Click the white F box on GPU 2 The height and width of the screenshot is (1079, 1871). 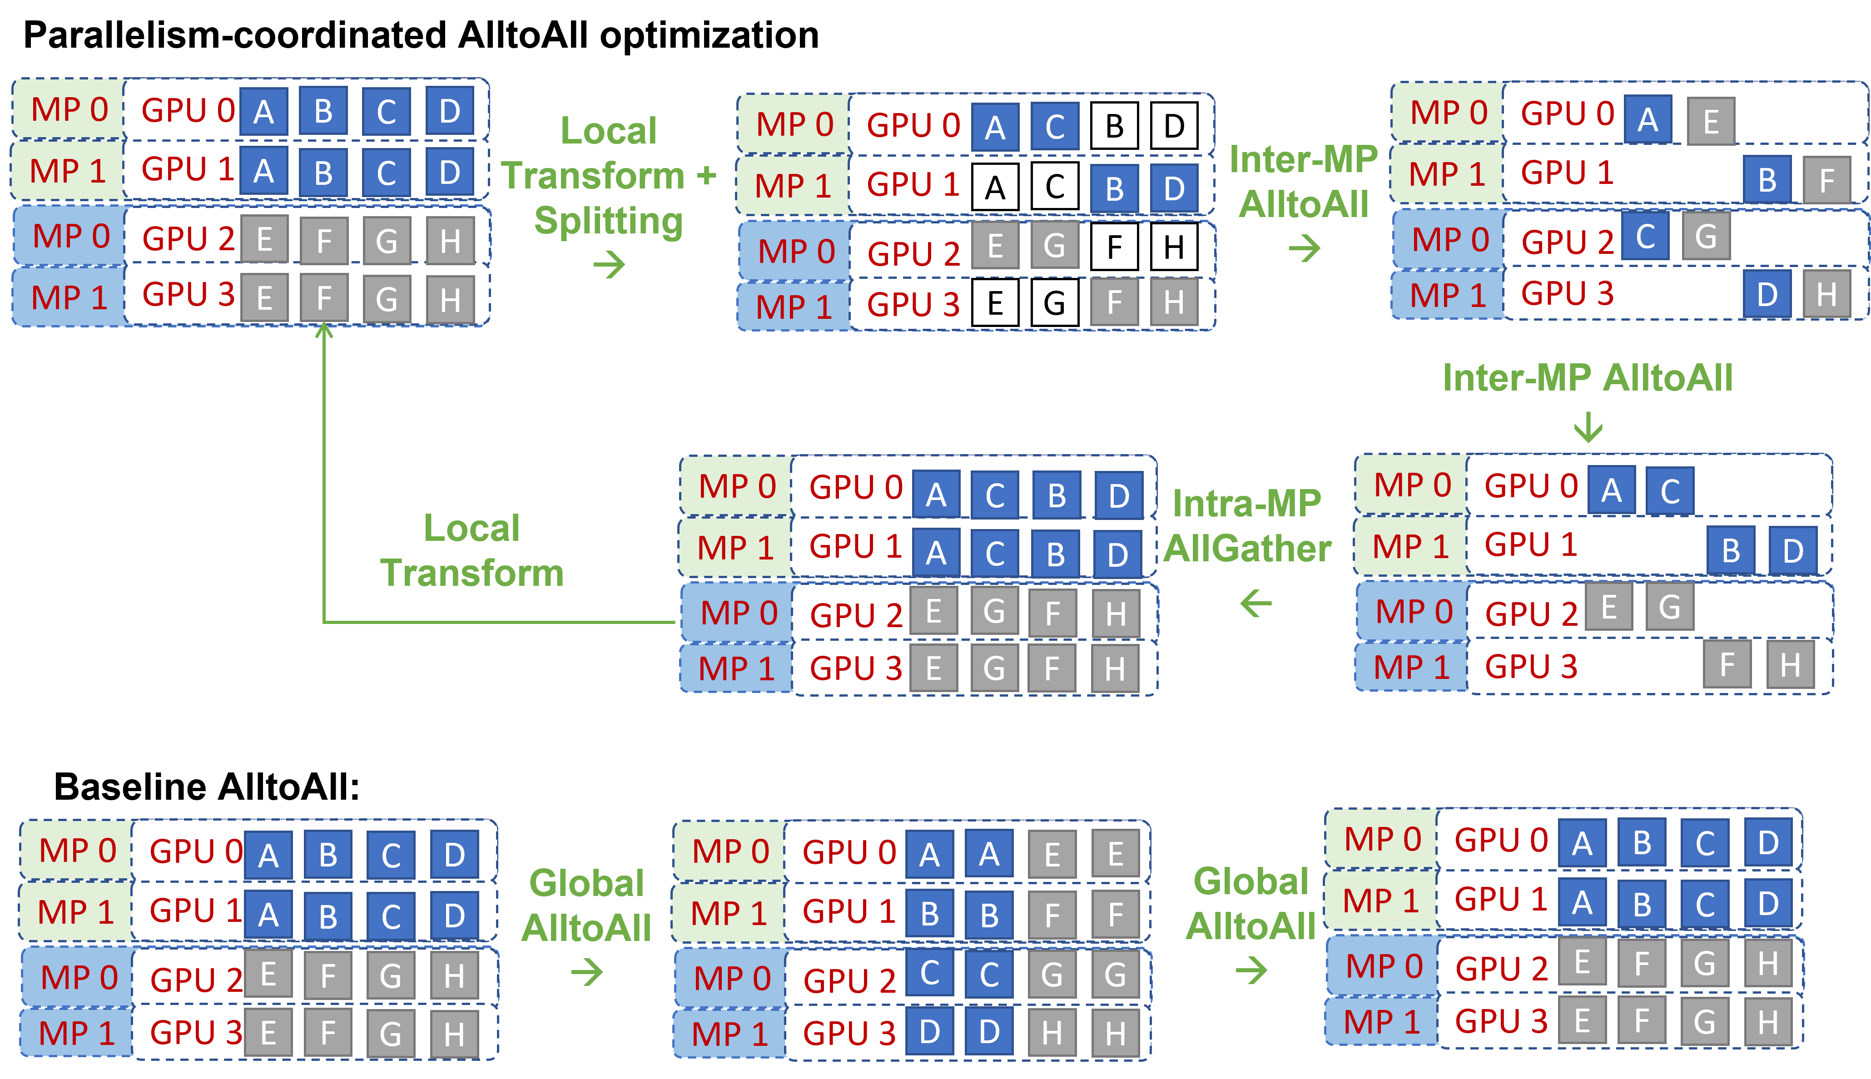pyautogui.click(x=1114, y=247)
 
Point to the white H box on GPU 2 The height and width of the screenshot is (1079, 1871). pyautogui.click(x=1173, y=247)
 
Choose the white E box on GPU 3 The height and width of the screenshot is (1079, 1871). pyautogui.click(x=995, y=303)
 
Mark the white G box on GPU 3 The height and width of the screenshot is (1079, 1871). pyautogui.click(x=1055, y=303)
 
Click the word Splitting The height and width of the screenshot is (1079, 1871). pyautogui.click(x=609, y=221)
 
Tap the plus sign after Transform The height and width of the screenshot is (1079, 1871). pyautogui.click(x=706, y=176)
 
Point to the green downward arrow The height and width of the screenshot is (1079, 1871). pyautogui.click(x=1588, y=428)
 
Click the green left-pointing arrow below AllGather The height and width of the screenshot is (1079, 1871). pyautogui.click(x=1256, y=603)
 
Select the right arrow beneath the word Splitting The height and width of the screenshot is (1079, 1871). pyautogui.click(x=609, y=265)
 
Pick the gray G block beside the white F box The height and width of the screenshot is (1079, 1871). pyautogui.click(x=1055, y=247)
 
